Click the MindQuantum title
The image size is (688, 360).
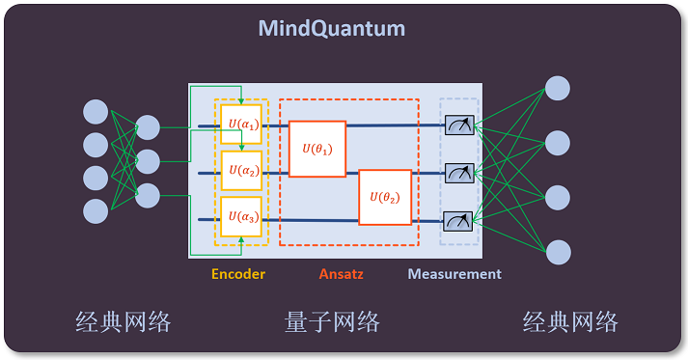pyautogui.click(x=331, y=28)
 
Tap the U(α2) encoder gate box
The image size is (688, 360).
pyautogui.click(x=240, y=171)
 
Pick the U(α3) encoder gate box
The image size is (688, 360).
pyautogui.click(x=240, y=218)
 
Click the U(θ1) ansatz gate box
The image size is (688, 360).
pyautogui.click(x=317, y=149)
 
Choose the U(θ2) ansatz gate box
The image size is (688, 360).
pyautogui.click(x=385, y=197)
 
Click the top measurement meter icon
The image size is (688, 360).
pyautogui.click(x=458, y=125)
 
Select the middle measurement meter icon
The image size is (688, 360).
pyautogui.click(x=458, y=172)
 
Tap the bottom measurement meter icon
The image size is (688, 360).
pyautogui.click(x=458, y=219)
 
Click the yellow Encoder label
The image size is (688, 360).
pyautogui.click(x=238, y=274)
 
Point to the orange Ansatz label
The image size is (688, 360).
pyautogui.click(x=341, y=274)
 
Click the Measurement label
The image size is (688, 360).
pyautogui.click(x=454, y=274)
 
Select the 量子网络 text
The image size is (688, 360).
pyautogui.click(x=332, y=321)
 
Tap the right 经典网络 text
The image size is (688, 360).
pyautogui.click(x=570, y=321)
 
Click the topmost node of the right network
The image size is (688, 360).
pyautogui.click(x=558, y=88)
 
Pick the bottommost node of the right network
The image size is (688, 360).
pyautogui.click(x=558, y=252)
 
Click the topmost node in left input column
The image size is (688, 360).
pyautogui.click(x=96, y=111)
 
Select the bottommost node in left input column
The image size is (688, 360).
pyautogui.click(x=96, y=209)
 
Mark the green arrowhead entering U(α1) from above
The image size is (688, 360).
pyautogui.click(x=240, y=100)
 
